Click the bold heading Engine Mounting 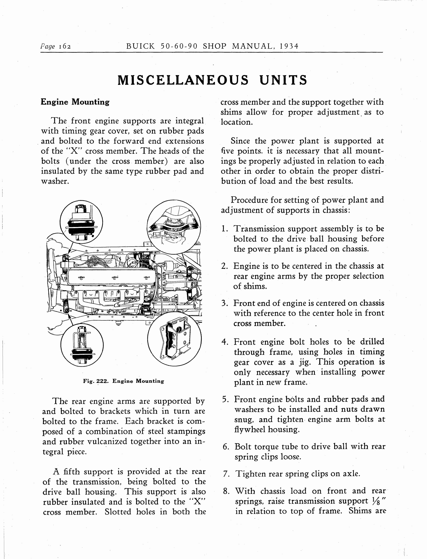[x=75, y=102]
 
